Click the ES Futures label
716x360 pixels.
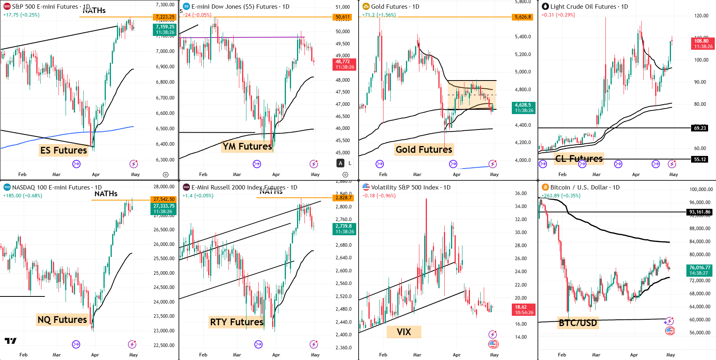[x=63, y=150]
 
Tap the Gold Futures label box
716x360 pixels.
[x=424, y=150]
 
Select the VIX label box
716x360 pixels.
[x=404, y=332]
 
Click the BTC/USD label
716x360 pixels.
[x=578, y=323]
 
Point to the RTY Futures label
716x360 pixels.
[x=237, y=322]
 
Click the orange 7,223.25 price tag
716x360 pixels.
[x=165, y=17]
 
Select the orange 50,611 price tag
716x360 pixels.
[x=343, y=17]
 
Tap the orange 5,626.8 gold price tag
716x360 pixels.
[x=523, y=17]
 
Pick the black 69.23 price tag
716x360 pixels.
[x=700, y=128]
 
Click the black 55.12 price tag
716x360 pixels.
[x=700, y=159]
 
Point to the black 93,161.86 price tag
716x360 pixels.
[x=699, y=212]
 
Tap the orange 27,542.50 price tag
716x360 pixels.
[x=164, y=199]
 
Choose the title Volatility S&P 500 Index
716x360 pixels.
[x=405, y=187]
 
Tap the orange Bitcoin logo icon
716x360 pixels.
[x=545, y=187]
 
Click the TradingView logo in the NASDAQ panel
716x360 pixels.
[x=11, y=341]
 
